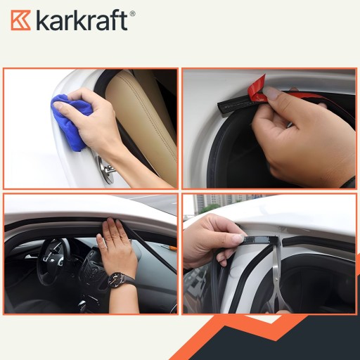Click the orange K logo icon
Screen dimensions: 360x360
click(20, 20)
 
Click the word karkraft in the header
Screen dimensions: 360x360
click(82, 20)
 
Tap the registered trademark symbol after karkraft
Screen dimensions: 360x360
click(132, 13)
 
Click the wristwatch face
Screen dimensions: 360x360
click(116, 280)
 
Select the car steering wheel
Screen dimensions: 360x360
click(51, 260)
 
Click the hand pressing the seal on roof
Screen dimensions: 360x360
click(117, 248)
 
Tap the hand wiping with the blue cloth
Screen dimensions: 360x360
click(94, 122)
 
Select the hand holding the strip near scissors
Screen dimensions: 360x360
click(212, 241)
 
